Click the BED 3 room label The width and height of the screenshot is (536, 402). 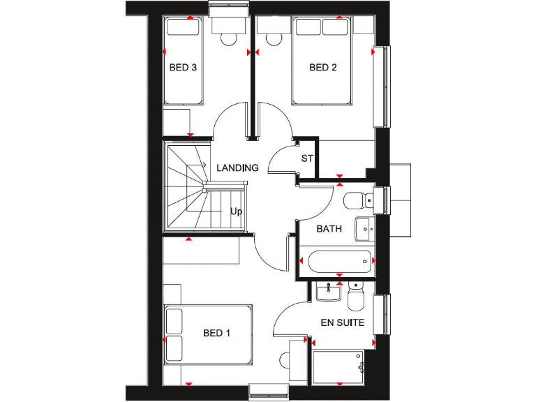point(183,68)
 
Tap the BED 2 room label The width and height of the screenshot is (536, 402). point(323,68)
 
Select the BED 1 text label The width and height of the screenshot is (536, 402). point(216,334)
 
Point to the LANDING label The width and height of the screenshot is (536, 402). point(237,168)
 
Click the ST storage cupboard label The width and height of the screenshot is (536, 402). point(307,159)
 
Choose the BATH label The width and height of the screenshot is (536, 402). point(329,229)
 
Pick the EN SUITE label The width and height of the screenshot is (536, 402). point(342,323)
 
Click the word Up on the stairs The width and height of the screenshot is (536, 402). point(236,211)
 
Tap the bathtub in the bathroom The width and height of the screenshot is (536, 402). point(337,262)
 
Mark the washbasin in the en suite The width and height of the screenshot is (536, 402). point(327,292)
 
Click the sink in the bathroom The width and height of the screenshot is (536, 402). point(363,228)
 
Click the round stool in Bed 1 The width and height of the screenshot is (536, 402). point(288,362)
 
